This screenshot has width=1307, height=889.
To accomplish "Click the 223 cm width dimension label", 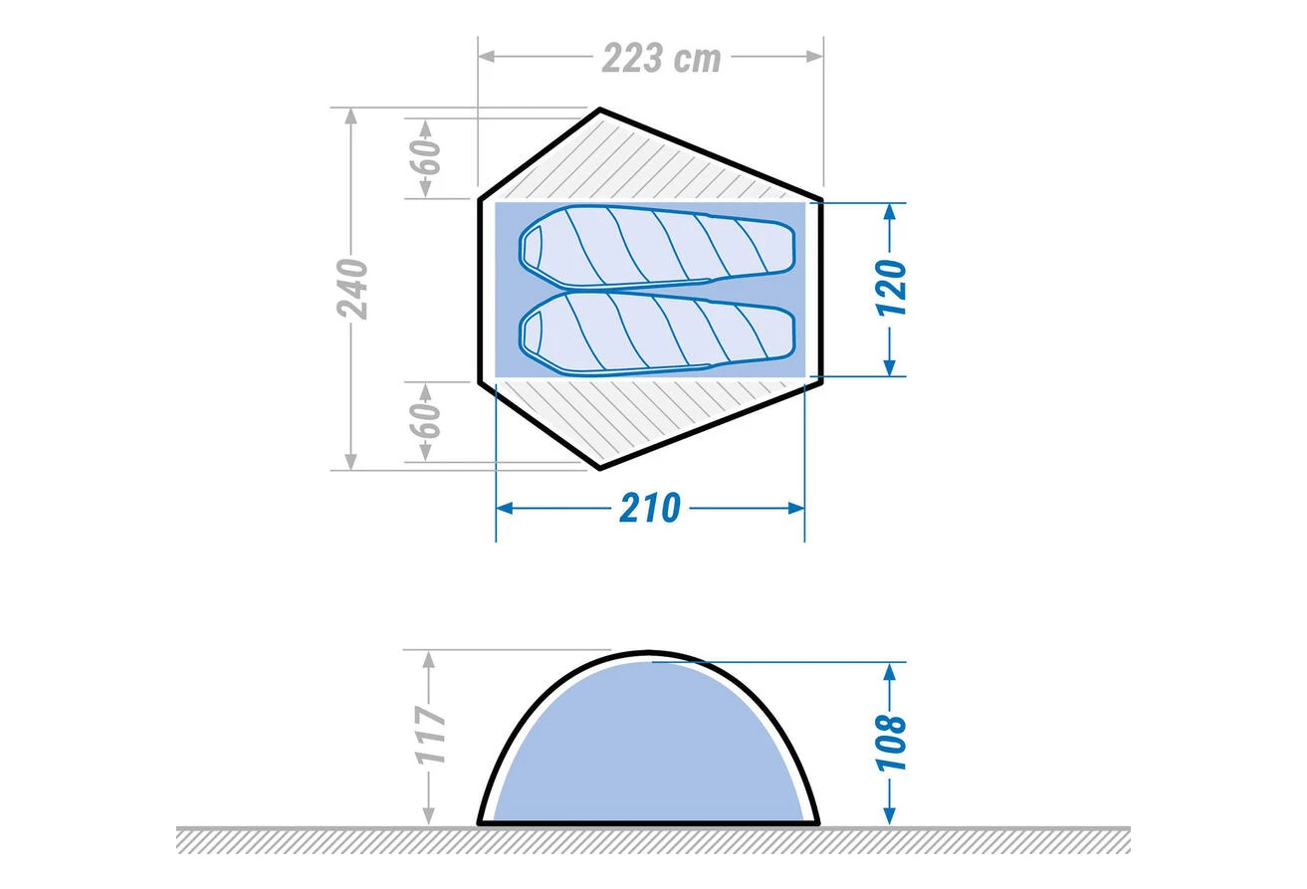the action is [x=662, y=58].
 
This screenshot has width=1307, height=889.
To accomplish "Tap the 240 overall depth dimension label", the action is [x=352, y=289].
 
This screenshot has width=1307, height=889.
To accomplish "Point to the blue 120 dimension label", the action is [x=891, y=289].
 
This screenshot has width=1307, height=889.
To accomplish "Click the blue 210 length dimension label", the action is [x=649, y=508].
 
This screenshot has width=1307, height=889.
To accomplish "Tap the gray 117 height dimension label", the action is [x=431, y=736].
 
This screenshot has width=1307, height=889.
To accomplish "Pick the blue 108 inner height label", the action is [x=891, y=742].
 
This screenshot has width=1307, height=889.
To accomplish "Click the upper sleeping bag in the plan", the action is [x=658, y=247].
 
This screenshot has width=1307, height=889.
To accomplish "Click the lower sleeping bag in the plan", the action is [x=658, y=333].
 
